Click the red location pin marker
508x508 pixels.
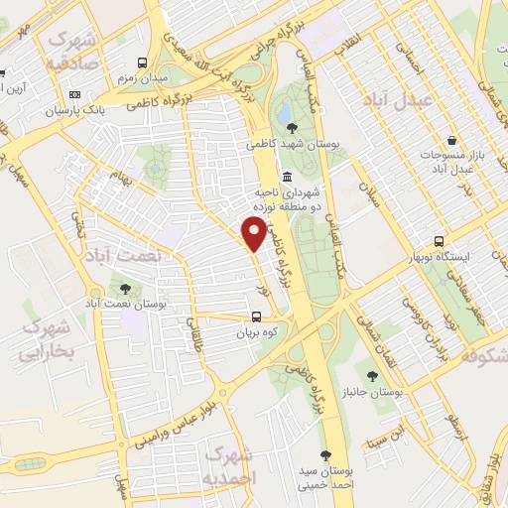pos(254,232)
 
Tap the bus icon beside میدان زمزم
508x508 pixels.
pos(144,61)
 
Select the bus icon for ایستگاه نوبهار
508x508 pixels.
pos(440,241)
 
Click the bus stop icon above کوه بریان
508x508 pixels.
pos(256,317)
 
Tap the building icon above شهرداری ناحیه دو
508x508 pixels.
pos(288,176)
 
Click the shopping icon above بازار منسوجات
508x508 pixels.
pos(452,141)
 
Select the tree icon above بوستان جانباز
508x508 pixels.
pos(372,375)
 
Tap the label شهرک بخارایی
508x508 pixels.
pos(48,339)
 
